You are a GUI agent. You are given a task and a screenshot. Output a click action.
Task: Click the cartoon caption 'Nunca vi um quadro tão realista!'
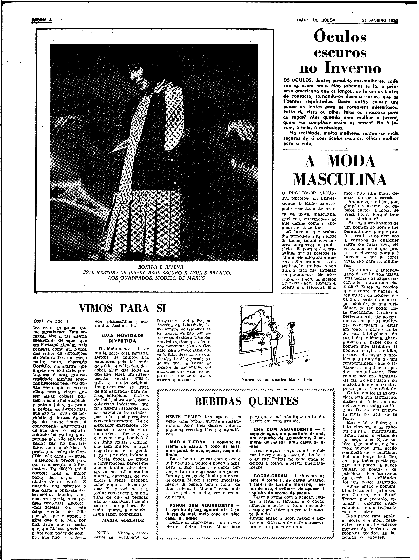click(275, 379)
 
